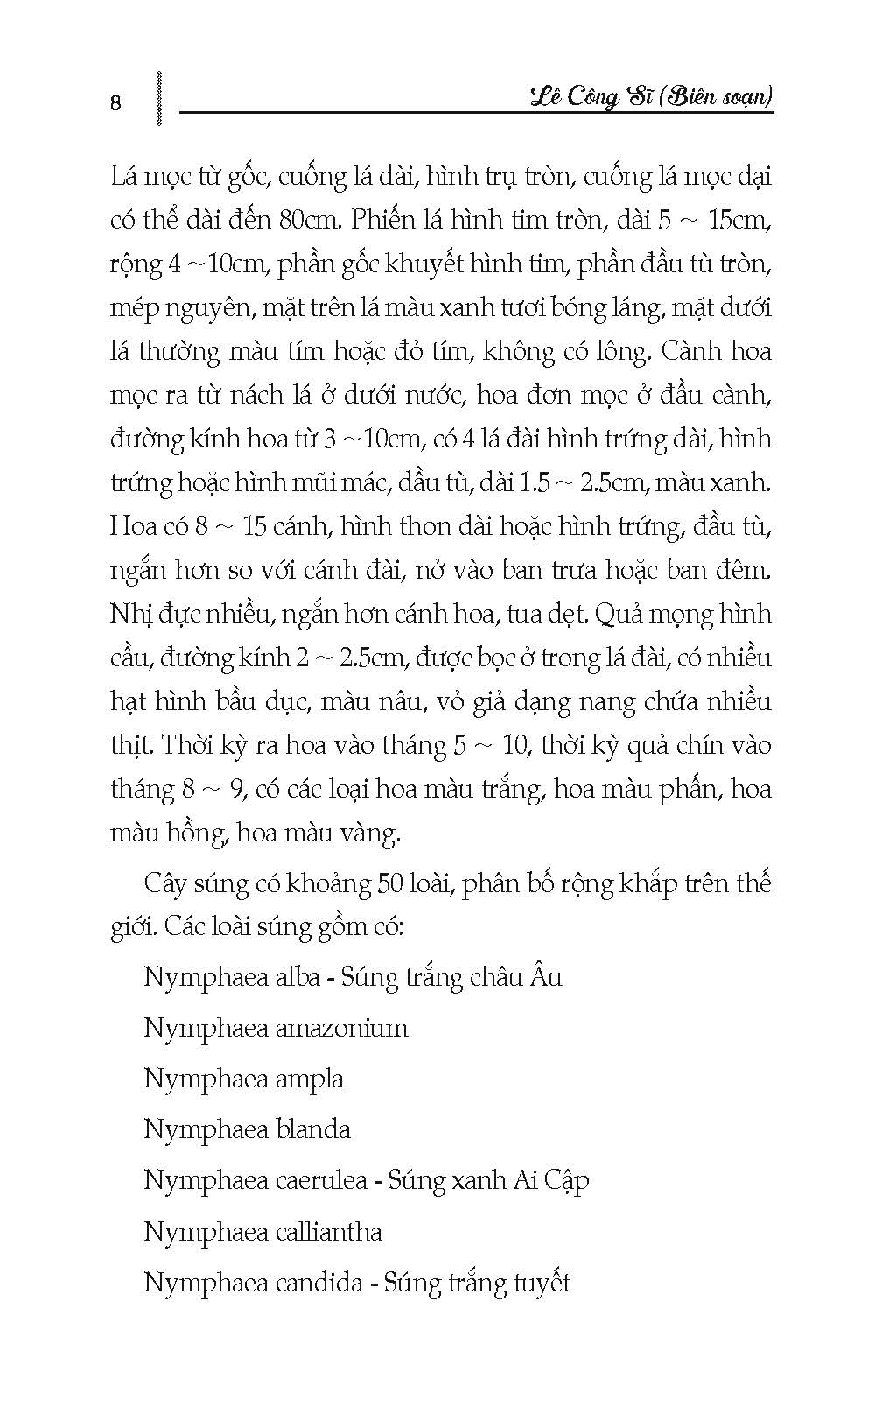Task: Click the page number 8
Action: click(116, 103)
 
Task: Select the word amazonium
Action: click(342, 1027)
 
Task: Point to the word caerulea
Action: click(321, 1180)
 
